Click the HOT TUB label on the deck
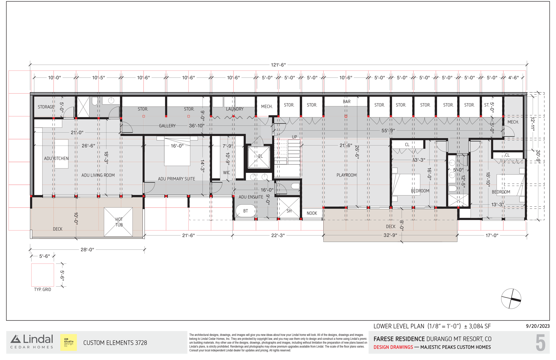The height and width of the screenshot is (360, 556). pos(119,222)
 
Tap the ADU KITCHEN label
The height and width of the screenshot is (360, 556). pos(56,158)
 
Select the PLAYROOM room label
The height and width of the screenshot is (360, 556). pos(346,175)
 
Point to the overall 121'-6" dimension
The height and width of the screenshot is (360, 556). pos(278,65)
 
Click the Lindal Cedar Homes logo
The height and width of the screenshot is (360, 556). pos(32,342)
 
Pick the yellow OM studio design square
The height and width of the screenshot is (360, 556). pos(68,342)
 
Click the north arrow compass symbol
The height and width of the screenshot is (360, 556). pos(511,299)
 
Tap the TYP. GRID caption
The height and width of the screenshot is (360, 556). pos(43,290)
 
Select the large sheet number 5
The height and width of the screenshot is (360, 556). pos(540,343)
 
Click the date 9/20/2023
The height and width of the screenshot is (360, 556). pos(538,326)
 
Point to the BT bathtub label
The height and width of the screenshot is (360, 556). pos(245,211)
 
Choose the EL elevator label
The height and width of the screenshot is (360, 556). pos(260,156)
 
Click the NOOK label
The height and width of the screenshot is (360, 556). pos(312,213)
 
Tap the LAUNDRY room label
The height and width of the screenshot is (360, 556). pos(235,109)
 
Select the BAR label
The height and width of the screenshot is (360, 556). pos(347,102)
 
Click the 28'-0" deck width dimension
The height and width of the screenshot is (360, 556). pos(87,250)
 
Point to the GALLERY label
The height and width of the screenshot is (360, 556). pos(167,126)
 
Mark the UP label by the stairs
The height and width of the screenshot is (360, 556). pos(294,137)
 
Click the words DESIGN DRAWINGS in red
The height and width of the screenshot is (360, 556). pos(393,347)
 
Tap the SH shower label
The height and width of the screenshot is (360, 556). pos(289,211)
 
